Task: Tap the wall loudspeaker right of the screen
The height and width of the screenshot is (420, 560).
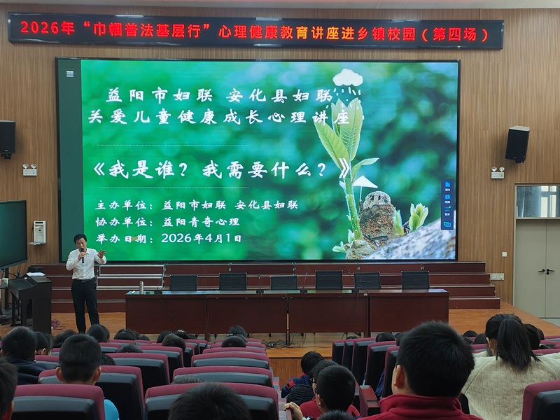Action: point(517,143)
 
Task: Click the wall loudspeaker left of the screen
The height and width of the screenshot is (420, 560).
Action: point(7,139)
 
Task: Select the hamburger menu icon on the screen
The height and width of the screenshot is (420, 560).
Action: point(70,74)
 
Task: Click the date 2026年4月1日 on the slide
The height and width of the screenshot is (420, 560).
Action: point(201,238)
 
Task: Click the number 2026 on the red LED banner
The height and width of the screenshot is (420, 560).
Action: point(40,28)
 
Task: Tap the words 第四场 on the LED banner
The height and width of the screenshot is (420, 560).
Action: point(454,34)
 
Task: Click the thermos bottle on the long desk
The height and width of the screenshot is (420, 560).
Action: point(141,287)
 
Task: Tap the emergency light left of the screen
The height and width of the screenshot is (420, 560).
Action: point(29,169)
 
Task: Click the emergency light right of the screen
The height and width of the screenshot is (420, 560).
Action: point(498,172)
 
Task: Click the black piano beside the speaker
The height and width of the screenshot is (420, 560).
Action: point(30,300)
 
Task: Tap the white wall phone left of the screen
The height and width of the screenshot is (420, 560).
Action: point(39,232)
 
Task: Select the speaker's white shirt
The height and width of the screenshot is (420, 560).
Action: point(85,265)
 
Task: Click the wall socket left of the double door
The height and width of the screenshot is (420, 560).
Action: point(497,276)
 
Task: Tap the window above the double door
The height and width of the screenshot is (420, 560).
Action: point(538,202)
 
